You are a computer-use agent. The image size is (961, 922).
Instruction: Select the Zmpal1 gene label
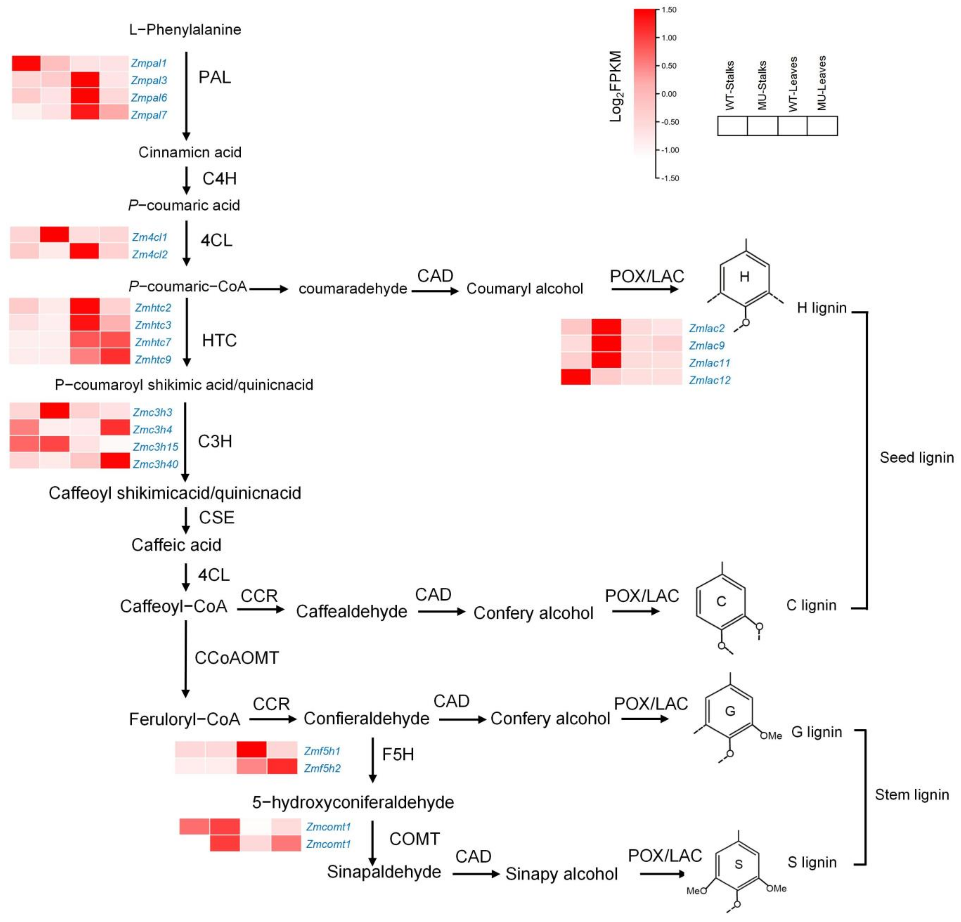[148, 63]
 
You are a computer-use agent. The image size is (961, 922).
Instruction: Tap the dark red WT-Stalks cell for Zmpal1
[26, 63]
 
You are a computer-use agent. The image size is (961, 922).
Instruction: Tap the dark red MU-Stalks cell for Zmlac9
[606, 345]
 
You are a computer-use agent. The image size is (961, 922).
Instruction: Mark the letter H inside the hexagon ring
[744, 277]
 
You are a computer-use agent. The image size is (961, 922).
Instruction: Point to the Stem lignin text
[912, 795]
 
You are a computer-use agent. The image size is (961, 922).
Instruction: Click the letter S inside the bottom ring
[738, 864]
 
